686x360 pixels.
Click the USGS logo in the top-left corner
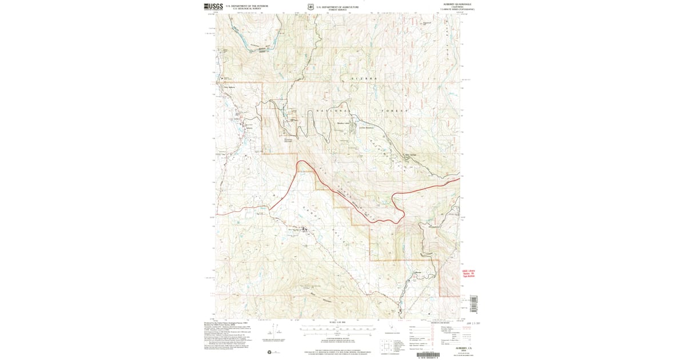click(212, 7)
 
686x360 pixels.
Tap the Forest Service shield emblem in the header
click(310, 7)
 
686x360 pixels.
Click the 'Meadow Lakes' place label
click(344, 122)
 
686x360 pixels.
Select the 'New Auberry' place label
click(229, 87)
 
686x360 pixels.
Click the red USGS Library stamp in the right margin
click(469, 273)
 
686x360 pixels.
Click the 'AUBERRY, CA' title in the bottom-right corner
click(462, 347)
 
